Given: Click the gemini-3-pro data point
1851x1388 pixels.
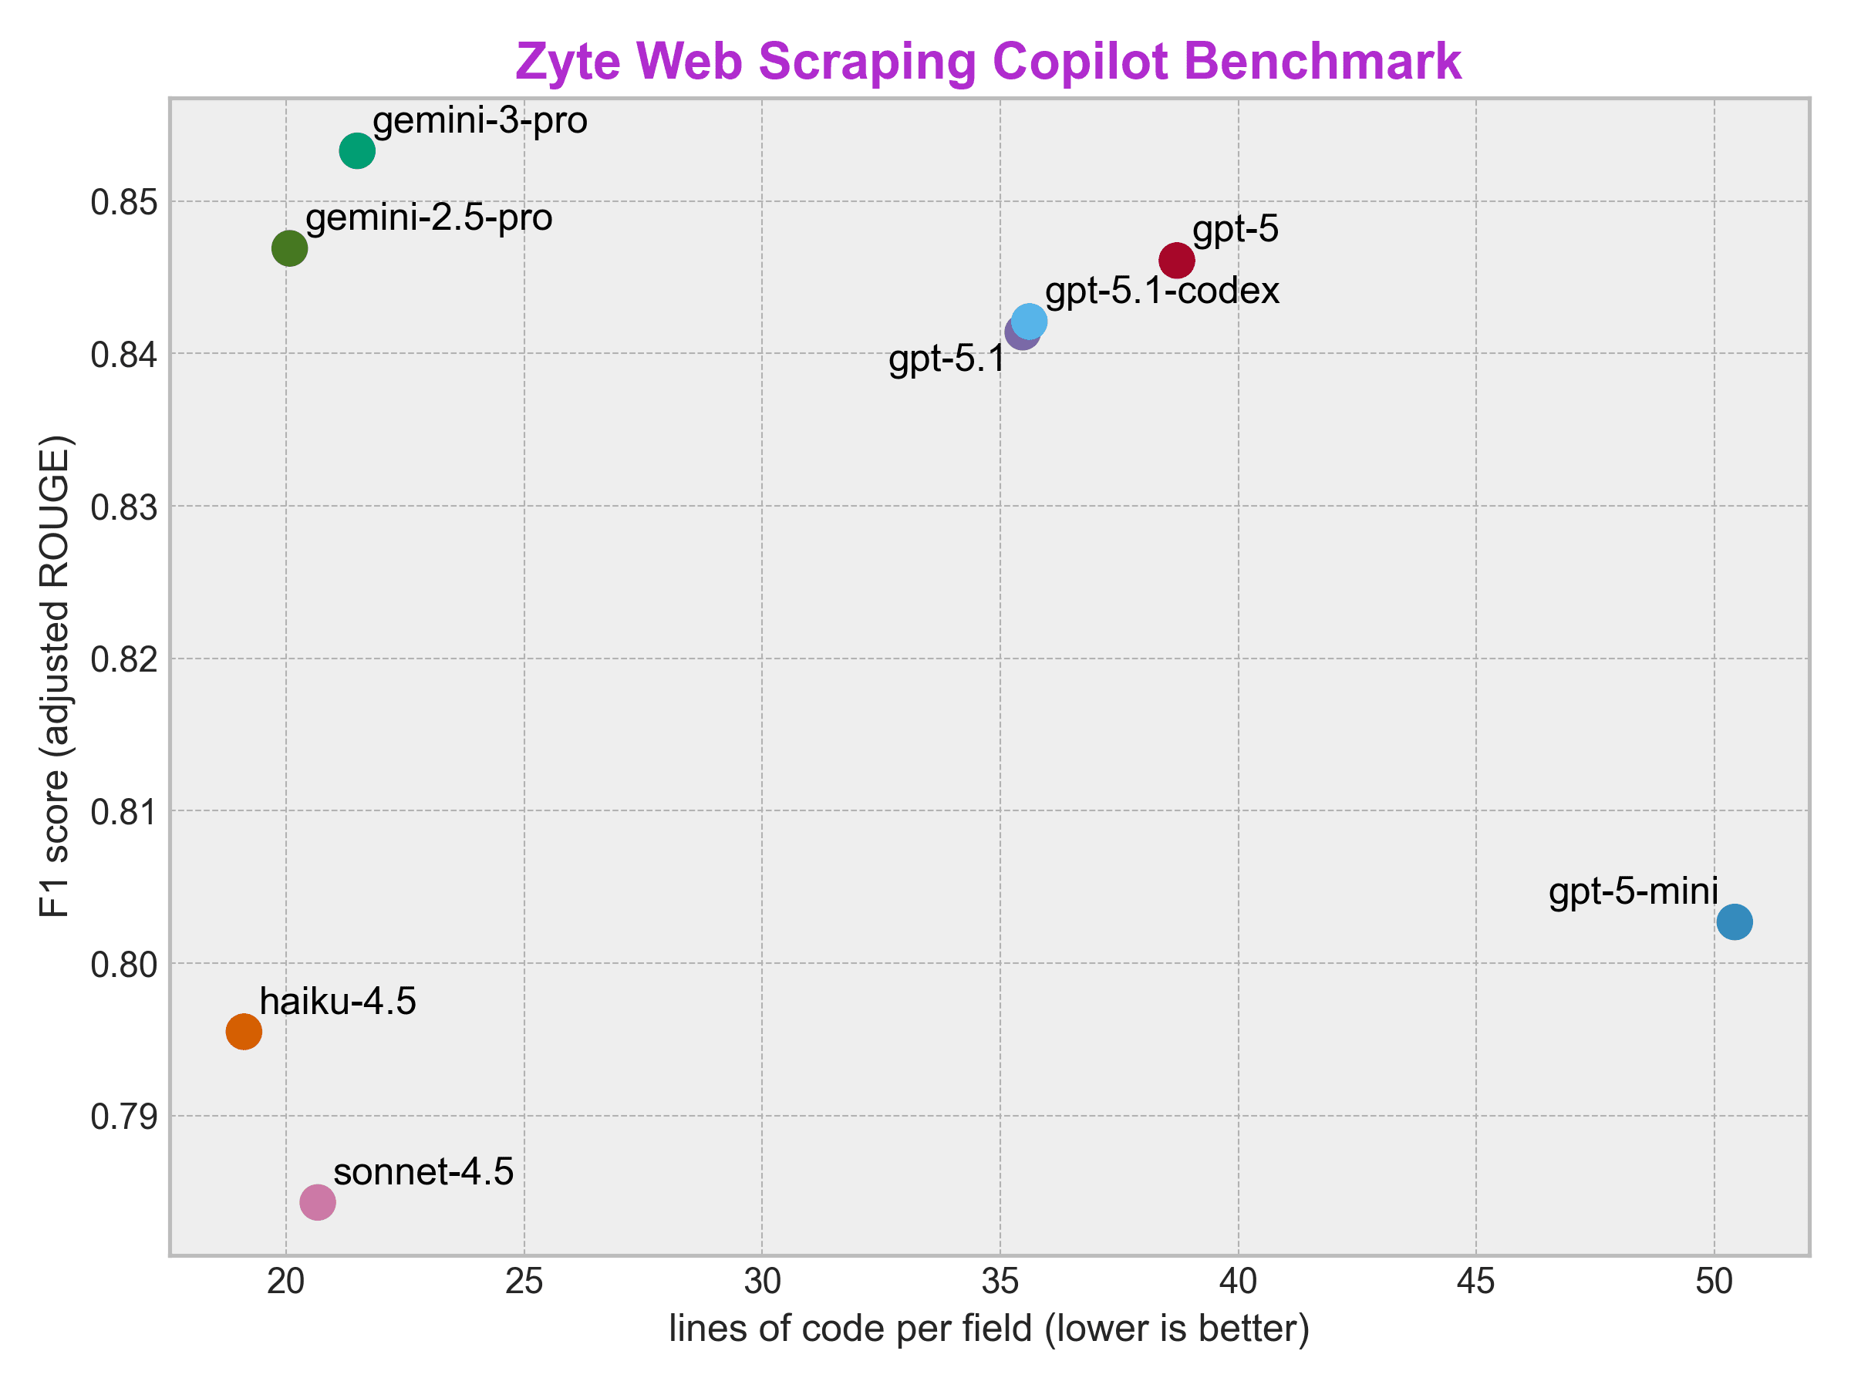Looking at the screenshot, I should [x=357, y=151].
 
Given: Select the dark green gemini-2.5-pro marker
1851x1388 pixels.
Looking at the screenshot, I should [x=289, y=248].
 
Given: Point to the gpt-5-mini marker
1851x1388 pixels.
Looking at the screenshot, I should [x=1735, y=922].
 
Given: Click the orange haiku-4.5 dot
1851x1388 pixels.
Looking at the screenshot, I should [x=244, y=1032].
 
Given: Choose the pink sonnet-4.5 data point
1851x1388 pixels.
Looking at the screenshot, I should [x=318, y=1202].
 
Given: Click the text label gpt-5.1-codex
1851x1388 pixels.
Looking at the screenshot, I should [x=1162, y=290].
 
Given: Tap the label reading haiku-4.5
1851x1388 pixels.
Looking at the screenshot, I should [x=338, y=1001].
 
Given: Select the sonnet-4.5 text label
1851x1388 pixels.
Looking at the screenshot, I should [x=423, y=1171].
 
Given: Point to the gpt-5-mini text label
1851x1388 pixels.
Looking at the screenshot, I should [x=1634, y=891].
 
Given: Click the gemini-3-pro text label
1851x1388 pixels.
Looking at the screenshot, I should [x=480, y=120].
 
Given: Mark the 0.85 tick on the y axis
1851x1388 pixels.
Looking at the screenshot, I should [x=124, y=203].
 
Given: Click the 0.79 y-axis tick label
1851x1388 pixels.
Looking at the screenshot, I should [x=124, y=1117].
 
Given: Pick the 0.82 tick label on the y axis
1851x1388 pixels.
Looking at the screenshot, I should [x=124, y=660].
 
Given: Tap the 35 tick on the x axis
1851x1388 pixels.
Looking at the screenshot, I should [x=1000, y=1282].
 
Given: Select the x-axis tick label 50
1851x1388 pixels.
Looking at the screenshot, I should [x=1714, y=1282].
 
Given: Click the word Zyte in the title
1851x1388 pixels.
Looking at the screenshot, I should [x=568, y=61].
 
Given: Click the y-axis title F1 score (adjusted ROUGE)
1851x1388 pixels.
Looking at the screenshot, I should [x=56, y=676].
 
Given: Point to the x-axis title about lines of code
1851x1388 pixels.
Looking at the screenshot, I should [x=989, y=1329].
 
